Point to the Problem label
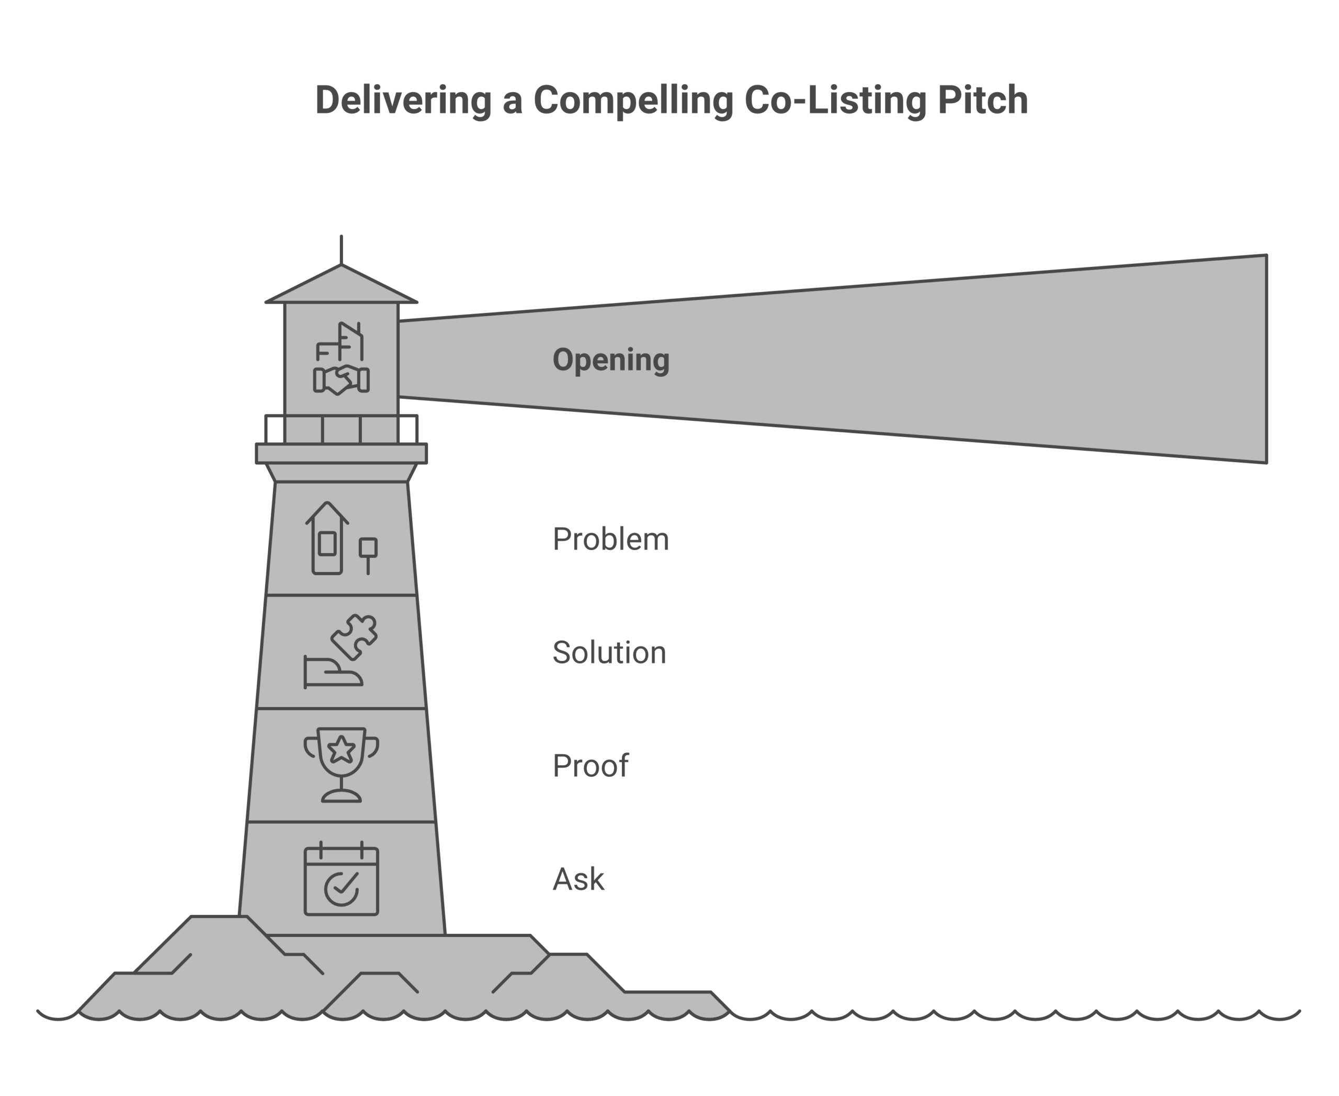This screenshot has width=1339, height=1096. click(610, 539)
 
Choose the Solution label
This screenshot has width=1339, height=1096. click(609, 652)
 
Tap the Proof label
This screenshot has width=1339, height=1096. click(590, 766)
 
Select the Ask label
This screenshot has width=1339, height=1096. click(578, 879)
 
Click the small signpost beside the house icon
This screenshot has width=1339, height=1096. click(368, 554)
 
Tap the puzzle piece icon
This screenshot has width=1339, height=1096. click(355, 636)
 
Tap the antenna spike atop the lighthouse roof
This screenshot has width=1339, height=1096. click(342, 249)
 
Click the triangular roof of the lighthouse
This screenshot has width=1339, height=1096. click(342, 287)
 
